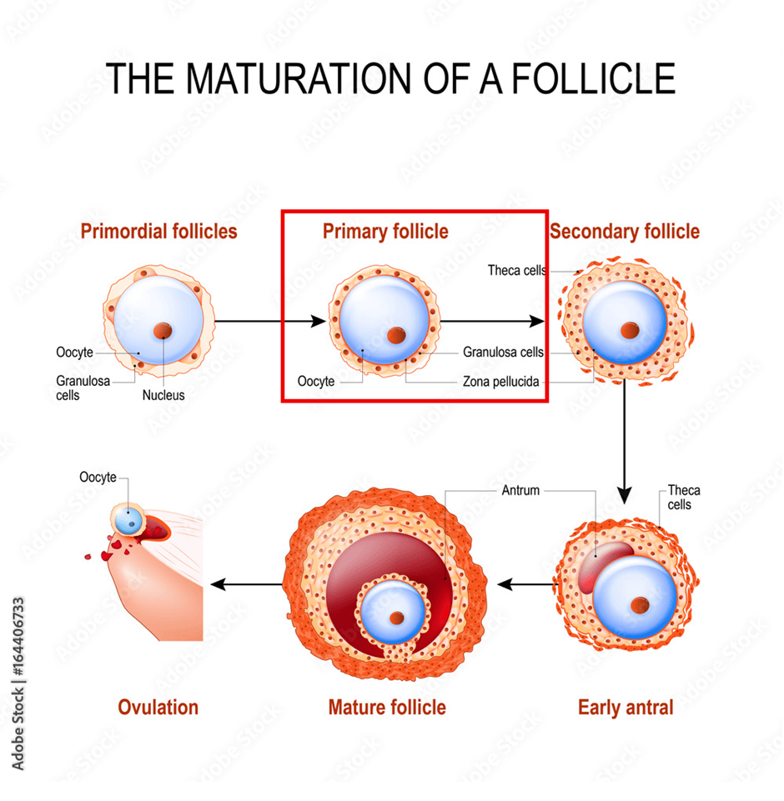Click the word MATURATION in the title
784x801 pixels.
tap(298, 78)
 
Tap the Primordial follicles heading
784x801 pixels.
tap(159, 232)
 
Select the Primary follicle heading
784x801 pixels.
tap(385, 232)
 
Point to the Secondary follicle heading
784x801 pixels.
tap(625, 232)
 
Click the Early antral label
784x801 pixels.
tap(626, 708)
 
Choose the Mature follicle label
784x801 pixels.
tap(387, 708)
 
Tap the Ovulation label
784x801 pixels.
tap(158, 708)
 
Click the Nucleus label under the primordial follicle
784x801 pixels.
tap(163, 395)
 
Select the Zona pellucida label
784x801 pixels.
tap(501, 382)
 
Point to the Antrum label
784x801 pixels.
tap(520, 490)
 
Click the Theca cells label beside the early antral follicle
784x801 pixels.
tap(683, 498)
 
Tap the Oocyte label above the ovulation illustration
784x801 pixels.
tap(98, 477)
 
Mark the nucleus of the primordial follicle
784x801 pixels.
tap(163, 331)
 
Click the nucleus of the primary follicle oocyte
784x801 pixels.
tap(396, 336)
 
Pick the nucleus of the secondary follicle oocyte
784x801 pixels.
tap(630, 331)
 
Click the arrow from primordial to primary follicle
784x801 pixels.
tap(270, 322)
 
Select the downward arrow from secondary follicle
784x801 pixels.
tap(624, 442)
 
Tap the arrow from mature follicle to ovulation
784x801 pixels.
tap(246, 584)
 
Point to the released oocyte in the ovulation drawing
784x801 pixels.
tap(128, 519)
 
